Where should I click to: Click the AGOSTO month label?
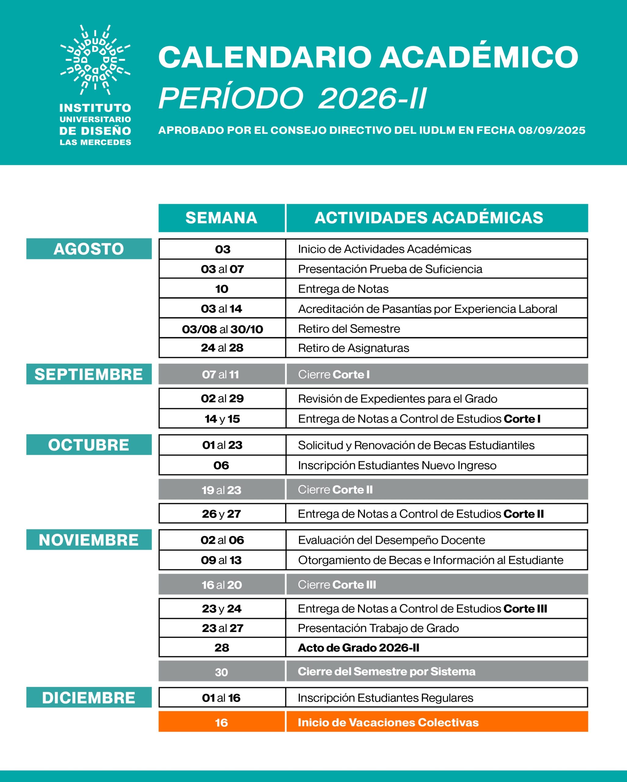pyautogui.click(x=89, y=249)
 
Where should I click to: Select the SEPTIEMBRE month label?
pyautogui.click(x=89, y=374)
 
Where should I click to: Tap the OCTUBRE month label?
pyautogui.click(x=89, y=445)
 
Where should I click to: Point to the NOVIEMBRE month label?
pyautogui.click(x=89, y=540)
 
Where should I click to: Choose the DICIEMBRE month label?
pyautogui.click(x=89, y=697)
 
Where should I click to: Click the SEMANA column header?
pyautogui.click(x=221, y=217)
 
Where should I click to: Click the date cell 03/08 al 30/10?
pyautogui.click(x=222, y=329)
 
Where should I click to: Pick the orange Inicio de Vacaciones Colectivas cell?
pyautogui.click(x=437, y=722)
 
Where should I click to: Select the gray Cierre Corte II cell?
pyautogui.click(x=437, y=490)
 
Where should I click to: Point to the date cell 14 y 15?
pyautogui.click(x=222, y=419)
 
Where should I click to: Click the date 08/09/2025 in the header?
pyautogui.click(x=552, y=130)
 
